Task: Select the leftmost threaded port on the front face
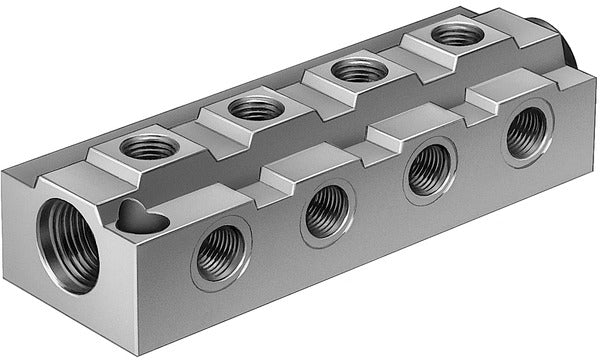[x=220, y=253]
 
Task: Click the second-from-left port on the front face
[x=327, y=211]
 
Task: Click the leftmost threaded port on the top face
[x=149, y=147]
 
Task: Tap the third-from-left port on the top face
[x=358, y=70]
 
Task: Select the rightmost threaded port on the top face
[x=455, y=34]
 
